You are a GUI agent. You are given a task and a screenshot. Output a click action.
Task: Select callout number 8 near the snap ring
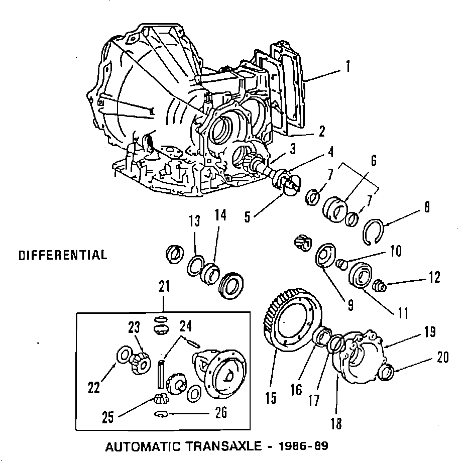[x=427, y=208]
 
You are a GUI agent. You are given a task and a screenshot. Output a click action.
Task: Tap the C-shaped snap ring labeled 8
[x=374, y=233]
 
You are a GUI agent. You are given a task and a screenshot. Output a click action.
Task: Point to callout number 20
[x=442, y=358]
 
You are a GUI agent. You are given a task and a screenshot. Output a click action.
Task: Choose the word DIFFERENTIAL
[x=63, y=255]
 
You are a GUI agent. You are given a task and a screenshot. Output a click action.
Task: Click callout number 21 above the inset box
[x=164, y=287]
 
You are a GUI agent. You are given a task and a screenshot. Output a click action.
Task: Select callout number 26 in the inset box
[x=220, y=414]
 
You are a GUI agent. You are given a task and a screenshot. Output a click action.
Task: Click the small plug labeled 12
[x=381, y=286]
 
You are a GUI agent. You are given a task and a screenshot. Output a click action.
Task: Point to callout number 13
[x=195, y=221]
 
